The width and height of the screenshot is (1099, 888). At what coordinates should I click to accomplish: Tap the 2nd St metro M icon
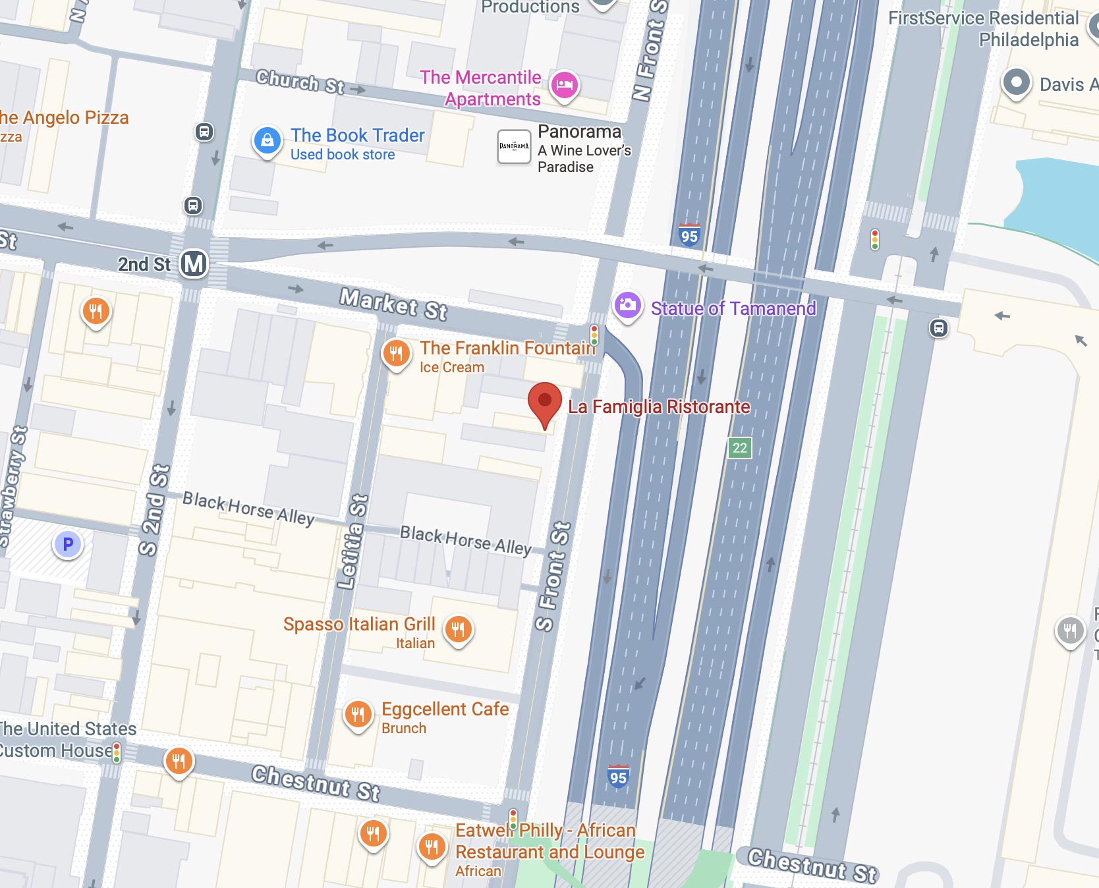click(194, 264)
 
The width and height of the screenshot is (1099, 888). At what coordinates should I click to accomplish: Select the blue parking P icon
click(67, 545)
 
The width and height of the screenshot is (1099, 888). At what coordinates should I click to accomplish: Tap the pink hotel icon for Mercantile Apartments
click(564, 85)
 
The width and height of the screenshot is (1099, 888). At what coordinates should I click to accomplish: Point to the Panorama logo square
click(513, 146)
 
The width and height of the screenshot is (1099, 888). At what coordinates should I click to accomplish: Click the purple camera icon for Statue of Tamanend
click(628, 305)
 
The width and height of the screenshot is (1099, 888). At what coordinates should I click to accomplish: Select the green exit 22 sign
click(739, 448)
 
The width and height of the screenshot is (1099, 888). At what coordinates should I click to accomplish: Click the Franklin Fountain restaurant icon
click(396, 354)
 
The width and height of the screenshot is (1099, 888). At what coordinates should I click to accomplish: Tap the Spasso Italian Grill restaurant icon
click(459, 629)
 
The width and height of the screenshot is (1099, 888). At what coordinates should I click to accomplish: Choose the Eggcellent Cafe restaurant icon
click(358, 714)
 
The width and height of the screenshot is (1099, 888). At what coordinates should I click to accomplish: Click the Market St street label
click(393, 304)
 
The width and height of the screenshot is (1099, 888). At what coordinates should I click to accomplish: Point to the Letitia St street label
click(352, 541)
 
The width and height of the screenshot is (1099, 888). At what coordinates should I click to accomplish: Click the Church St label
click(300, 82)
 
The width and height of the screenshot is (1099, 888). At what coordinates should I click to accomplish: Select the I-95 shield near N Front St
click(689, 236)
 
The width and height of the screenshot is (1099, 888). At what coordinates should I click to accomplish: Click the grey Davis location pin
click(1016, 83)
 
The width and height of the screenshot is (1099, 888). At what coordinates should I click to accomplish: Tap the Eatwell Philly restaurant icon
click(432, 846)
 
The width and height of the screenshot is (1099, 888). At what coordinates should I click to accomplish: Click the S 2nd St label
click(155, 510)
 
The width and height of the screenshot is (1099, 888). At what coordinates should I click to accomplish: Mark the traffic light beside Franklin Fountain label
click(594, 335)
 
